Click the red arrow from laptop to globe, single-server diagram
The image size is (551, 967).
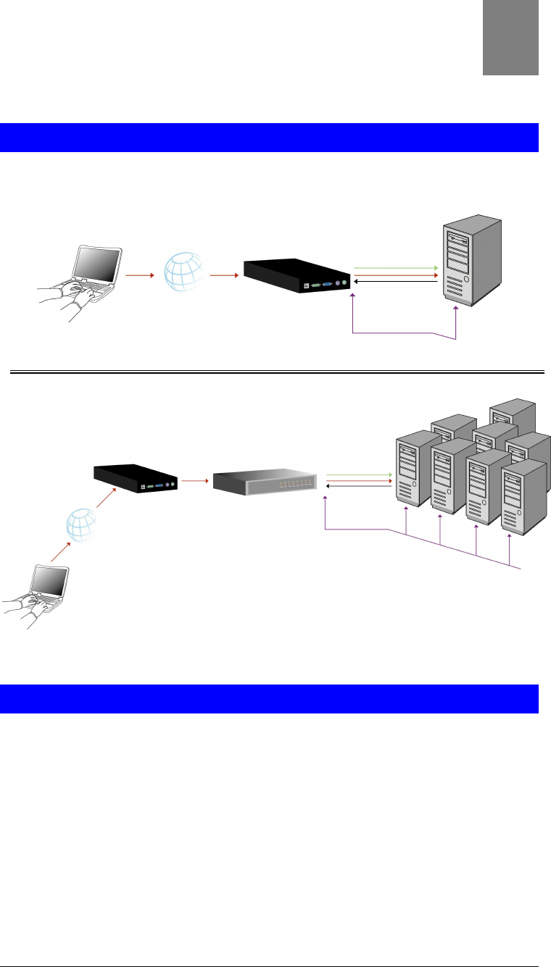click(138, 275)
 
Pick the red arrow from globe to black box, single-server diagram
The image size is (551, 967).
click(223, 275)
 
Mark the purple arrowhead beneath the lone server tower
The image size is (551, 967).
click(456, 309)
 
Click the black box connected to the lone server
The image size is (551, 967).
click(297, 275)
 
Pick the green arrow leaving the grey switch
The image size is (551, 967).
click(359, 474)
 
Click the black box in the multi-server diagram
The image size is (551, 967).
click(138, 479)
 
